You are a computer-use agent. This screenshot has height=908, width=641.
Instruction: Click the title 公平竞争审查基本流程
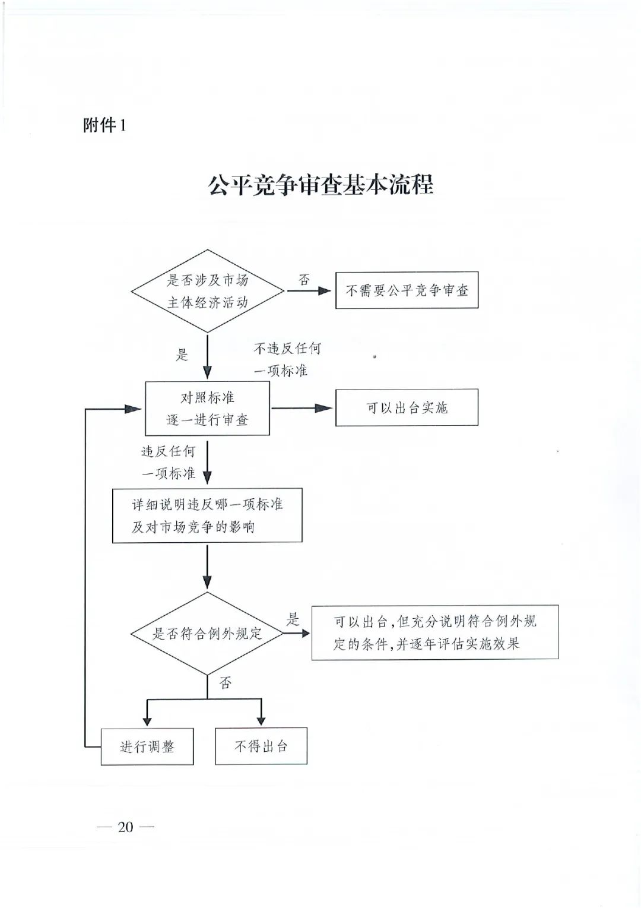320,185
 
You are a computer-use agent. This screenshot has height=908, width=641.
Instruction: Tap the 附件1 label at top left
104,125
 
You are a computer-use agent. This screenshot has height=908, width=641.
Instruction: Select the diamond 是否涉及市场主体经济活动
207,291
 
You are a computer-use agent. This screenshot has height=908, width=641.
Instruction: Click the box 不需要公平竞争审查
407,290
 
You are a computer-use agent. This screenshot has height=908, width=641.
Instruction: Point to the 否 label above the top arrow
304,279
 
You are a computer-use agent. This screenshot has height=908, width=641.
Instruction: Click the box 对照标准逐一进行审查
207,408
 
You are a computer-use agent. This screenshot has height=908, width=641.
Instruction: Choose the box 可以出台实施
407,407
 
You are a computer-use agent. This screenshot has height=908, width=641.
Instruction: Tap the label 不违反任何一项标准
287,359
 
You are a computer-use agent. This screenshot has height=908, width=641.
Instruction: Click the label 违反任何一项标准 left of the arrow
169,462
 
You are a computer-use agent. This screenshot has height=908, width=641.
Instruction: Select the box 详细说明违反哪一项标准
207,515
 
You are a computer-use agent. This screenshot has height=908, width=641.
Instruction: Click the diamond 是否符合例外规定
207,633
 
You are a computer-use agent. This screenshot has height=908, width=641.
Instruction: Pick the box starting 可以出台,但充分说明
434,632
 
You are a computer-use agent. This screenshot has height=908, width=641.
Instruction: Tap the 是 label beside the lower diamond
293,619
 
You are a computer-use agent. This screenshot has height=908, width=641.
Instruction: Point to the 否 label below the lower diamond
226,683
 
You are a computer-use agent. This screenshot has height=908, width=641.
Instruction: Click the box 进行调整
147,746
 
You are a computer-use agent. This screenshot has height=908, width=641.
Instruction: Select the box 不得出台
261,746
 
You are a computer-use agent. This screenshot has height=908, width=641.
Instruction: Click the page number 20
125,827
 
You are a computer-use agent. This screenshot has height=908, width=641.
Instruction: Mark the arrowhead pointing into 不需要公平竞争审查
325,291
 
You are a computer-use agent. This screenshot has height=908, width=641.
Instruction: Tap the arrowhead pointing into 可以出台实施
325,408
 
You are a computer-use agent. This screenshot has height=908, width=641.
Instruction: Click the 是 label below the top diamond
182,355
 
